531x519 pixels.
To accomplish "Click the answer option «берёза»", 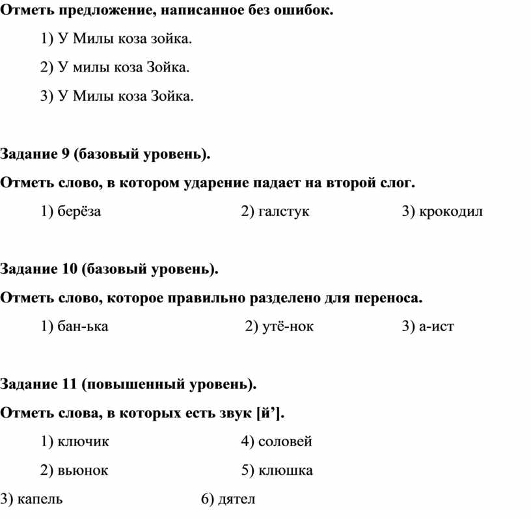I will pos(79,211).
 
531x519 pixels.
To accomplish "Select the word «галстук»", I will pos(284,211).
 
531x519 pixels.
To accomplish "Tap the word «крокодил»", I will pos(452,211).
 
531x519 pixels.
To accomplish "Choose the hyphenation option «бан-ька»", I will pos(83,326).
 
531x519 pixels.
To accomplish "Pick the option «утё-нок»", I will pos(288,326).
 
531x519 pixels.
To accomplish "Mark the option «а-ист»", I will pos(437,326).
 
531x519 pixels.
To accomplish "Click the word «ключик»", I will pos(83,442).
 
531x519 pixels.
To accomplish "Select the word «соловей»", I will pos(285,442).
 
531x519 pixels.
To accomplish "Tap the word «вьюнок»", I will pos(83,470).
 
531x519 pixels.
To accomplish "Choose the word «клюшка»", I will pos(285,470).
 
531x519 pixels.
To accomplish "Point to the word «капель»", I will pos(40,499).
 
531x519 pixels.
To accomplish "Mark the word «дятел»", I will pos(237,499).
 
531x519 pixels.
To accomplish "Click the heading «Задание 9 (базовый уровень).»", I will pos(105,155).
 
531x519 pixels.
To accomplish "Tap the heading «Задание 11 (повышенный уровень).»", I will pos(129,384).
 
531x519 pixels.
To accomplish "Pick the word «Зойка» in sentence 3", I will pos(172,96).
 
